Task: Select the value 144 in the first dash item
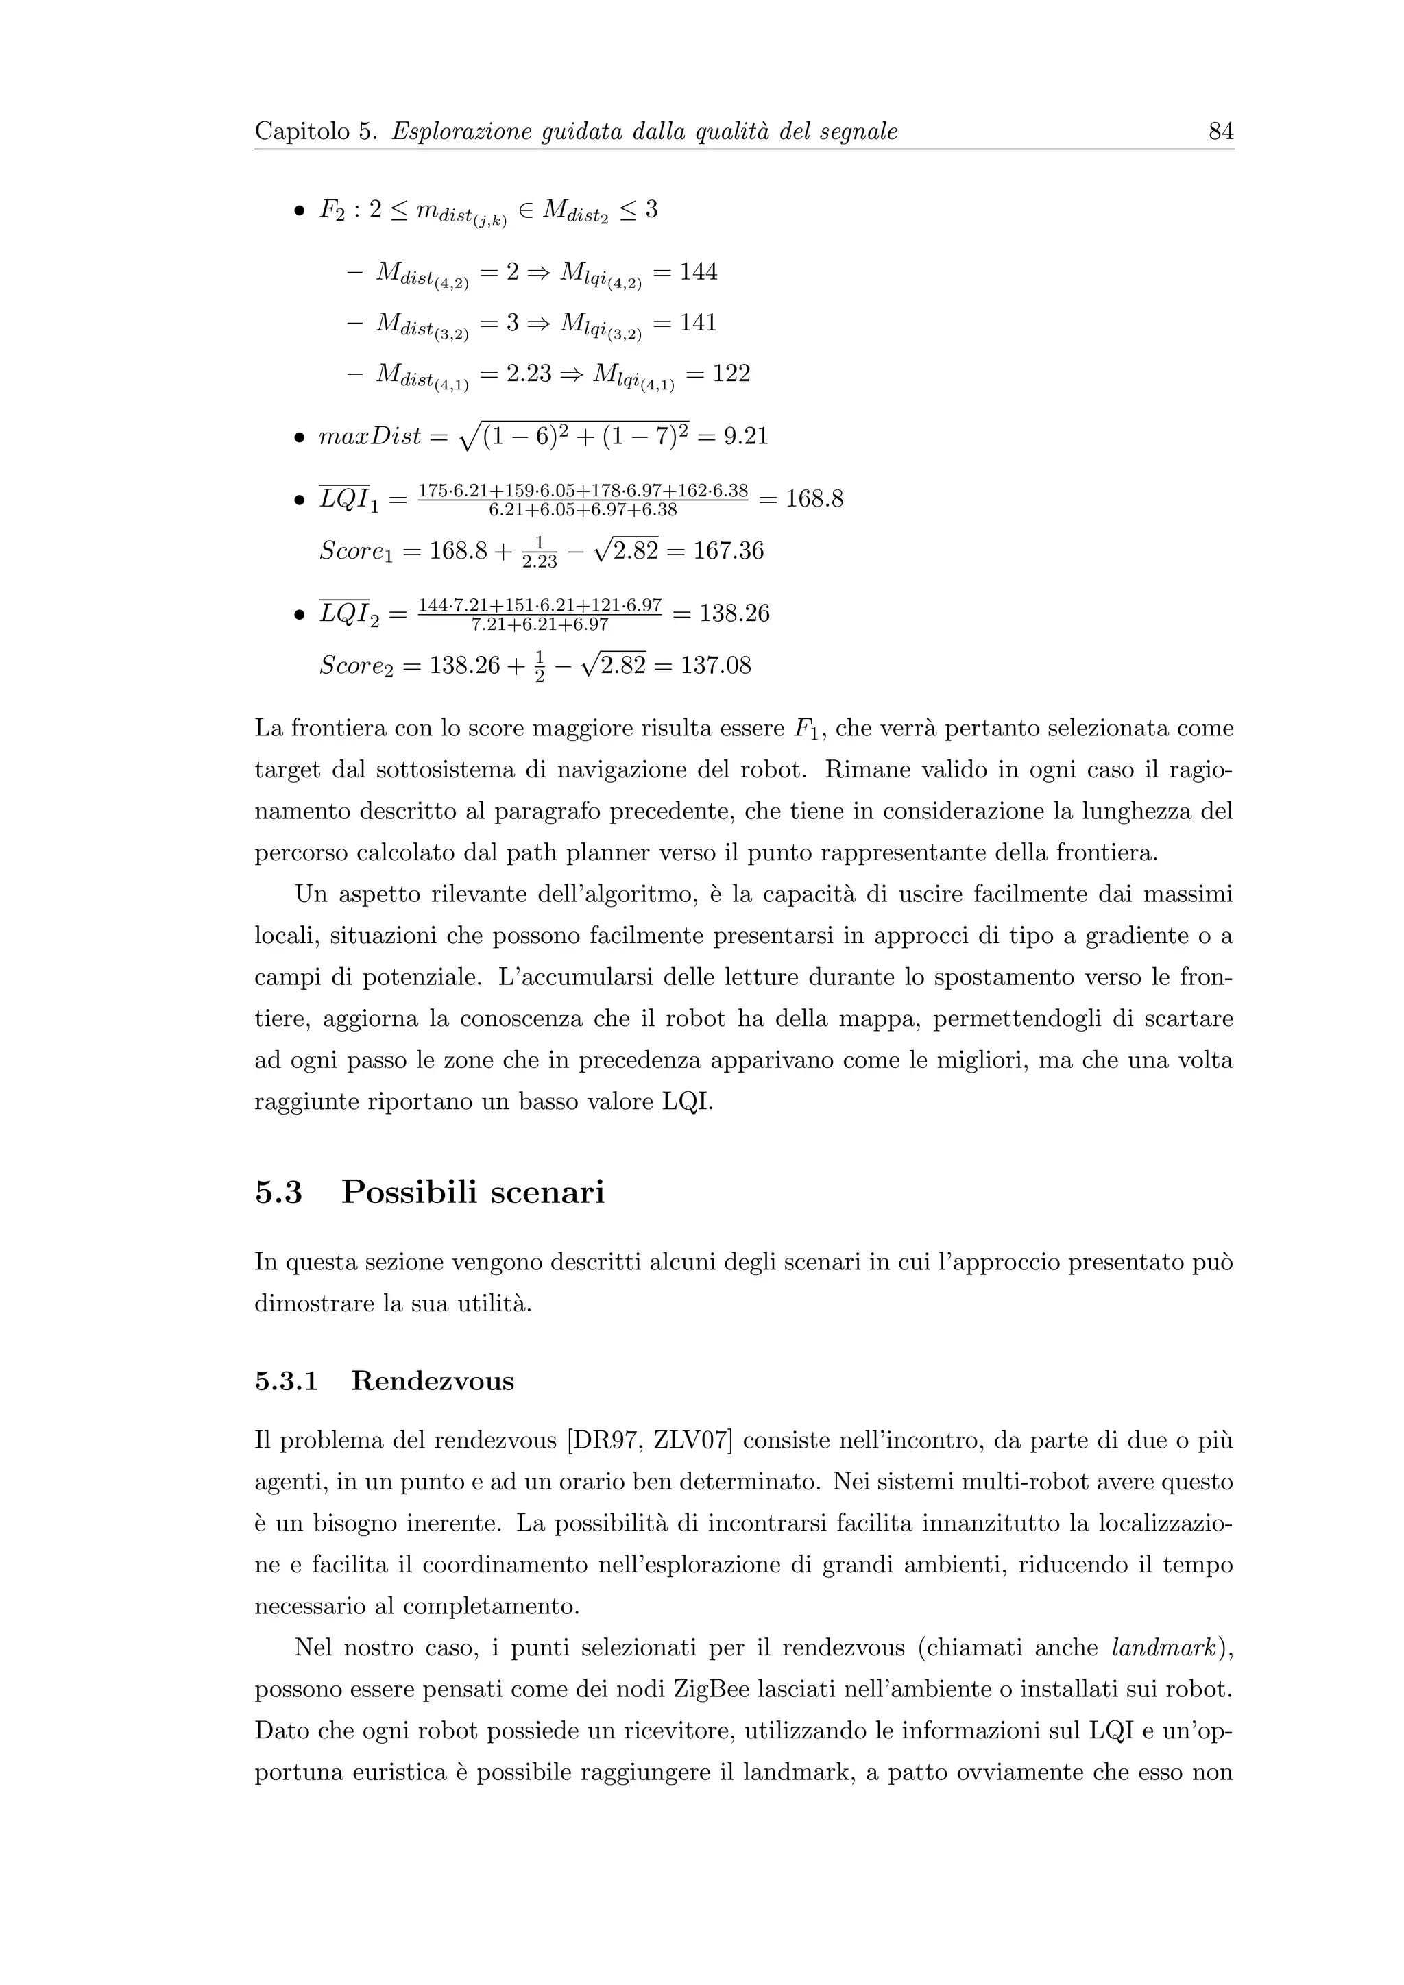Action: tap(698, 271)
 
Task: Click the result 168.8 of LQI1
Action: tap(814, 499)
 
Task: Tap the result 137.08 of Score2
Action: tap(716, 666)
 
